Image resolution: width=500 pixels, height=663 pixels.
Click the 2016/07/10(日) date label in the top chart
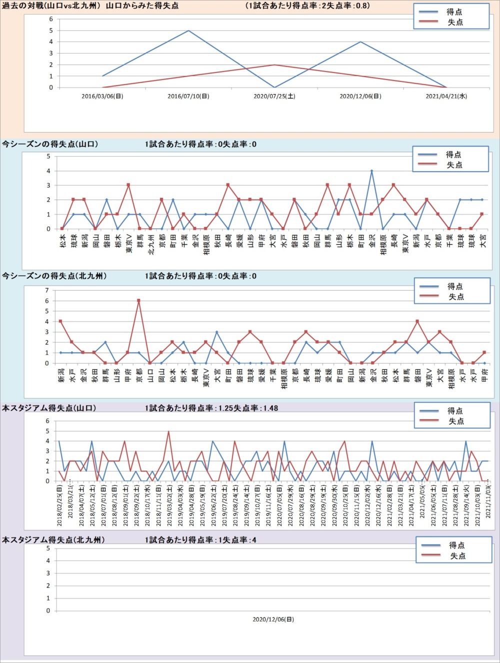(188, 96)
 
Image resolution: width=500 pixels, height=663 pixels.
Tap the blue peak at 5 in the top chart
(188, 30)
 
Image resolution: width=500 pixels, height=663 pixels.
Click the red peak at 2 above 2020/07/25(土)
(274, 64)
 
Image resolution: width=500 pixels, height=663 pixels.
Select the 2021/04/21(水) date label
(446, 96)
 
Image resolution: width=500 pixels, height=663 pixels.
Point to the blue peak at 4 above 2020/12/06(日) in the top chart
(360, 42)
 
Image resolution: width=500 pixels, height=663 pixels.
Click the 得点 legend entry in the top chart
(454, 12)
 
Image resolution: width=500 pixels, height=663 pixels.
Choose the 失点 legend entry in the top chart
(454, 22)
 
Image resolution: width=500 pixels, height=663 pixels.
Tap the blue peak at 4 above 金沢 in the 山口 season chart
(371, 171)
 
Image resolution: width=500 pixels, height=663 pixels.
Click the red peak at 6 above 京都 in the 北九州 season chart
(138, 300)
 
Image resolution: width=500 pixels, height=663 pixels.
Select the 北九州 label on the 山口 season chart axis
(150, 244)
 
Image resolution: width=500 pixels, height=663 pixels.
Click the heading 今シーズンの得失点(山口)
(50, 144)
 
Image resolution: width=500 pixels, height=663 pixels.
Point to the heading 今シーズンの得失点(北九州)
(54, 276)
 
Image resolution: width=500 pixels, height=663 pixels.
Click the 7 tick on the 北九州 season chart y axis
(47, 290)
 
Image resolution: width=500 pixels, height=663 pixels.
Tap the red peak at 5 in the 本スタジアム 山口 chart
(168, 431)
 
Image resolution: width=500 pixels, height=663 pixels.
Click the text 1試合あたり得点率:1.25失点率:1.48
(211, 408)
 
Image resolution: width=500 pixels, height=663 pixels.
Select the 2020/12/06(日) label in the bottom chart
(273, 619)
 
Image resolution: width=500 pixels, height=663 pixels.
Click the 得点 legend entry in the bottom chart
(456, 545)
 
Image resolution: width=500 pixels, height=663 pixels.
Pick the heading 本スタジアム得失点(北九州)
(53, 540)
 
